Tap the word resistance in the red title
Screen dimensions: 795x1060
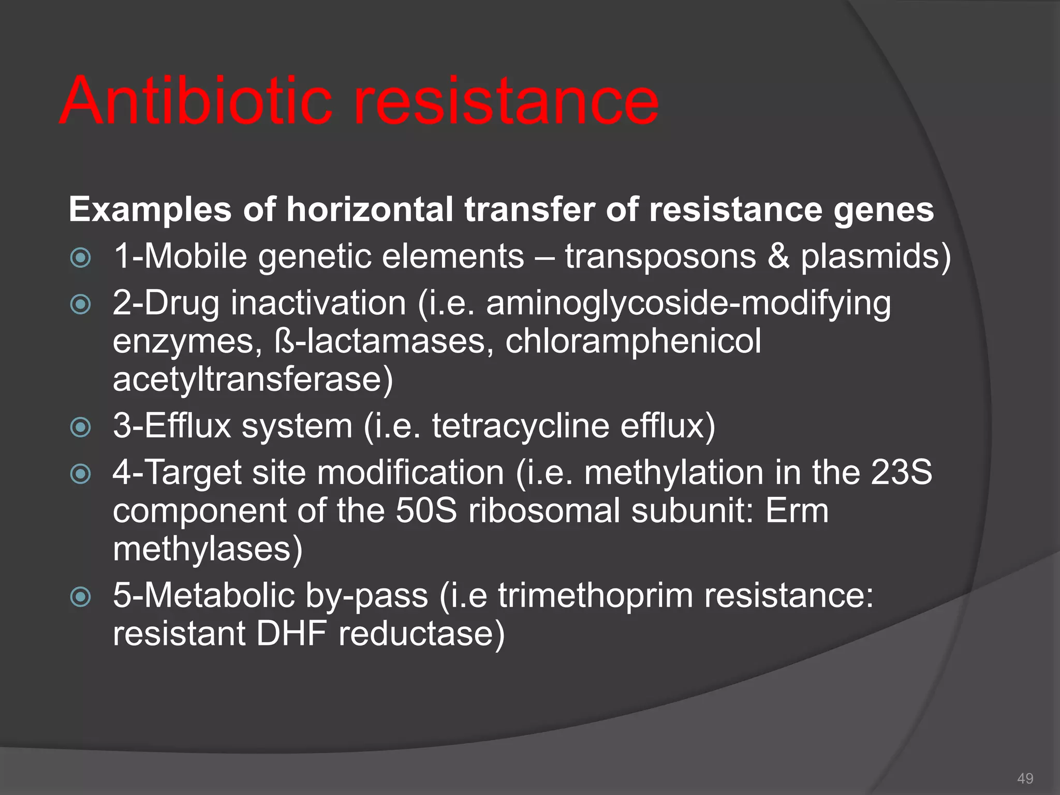pyautogui.click(x=506, y=101)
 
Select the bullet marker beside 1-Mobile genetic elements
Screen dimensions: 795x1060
pyautogui.click(x=81, y=258)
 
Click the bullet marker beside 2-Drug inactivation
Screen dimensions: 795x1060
pyautogui.click(x=81, y=304)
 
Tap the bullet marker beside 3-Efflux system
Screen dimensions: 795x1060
pyautogui.click(x=81, y=428)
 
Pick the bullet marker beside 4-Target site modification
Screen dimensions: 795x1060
pyautogui.click(x=81, y=474)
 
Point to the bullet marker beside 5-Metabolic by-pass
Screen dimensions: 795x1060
pyautogui.click(x=81, y=597)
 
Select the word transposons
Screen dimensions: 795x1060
pyautogui.click(x=660, y=257)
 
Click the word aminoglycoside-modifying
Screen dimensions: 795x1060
pyautogui.click(x=688, y=304)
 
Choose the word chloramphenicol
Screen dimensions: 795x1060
pyautogui.click(x=633, y=342)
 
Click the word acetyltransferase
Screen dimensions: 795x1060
pyautogui.click(x=253, y=380)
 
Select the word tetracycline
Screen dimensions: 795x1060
pyautogui.click(x=521, y=426)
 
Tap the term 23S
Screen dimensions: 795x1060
pyautogui.click(x=901, y=473)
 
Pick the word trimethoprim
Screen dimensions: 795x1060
pyautogui.click(x=595, y=596)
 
